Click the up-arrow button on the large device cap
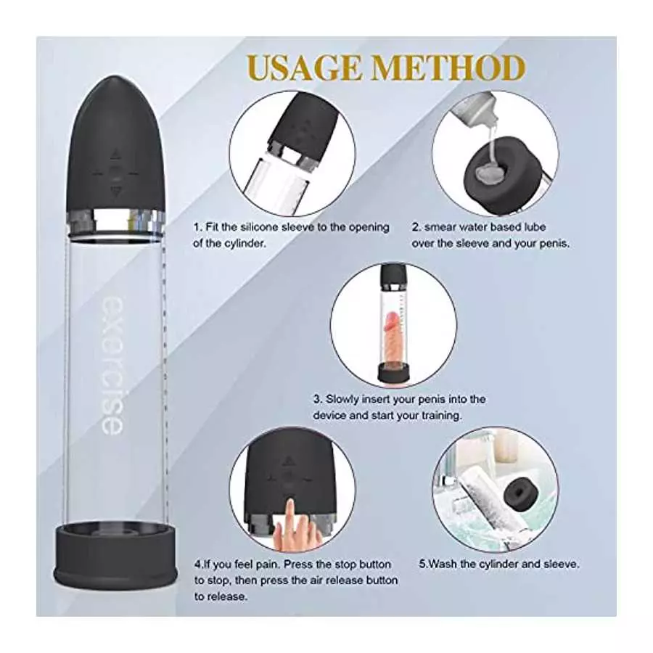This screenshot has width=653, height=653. coord(115,155)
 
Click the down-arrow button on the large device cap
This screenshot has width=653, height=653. coord(115,192)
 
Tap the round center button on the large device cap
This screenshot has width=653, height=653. coord(115,173)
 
